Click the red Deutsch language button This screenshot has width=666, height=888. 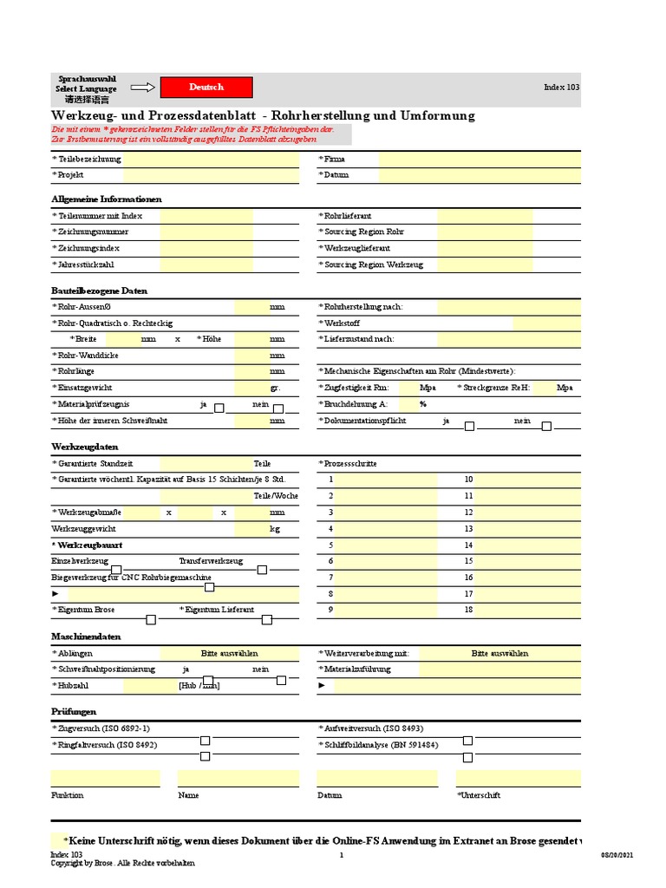tap(207, 87)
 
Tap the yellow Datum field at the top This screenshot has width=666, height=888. tap(480, 175)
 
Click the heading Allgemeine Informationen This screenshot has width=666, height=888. tap(107, 199)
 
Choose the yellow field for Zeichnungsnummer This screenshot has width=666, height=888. tap(206, 232)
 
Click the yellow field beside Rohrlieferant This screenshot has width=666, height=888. tap(473, 215)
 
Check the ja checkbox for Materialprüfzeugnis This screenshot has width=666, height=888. tap(219, 408)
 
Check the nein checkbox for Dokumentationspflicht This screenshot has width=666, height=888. tap(546, 426)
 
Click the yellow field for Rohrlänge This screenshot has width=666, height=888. tap(251, 371)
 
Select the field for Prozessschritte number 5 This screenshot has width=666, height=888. tap(387, 545)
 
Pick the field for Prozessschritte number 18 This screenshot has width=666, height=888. tap(527, 610)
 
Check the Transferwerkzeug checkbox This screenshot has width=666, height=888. tap(262, 570)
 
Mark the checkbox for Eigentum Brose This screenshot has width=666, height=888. tap(151, 619)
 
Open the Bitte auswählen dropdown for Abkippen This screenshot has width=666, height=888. tap(230, 653)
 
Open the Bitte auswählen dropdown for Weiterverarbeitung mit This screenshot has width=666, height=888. tap(499, 653)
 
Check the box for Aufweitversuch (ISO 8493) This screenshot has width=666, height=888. tap(468, 740)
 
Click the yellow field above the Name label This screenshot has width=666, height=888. tap(238, 777)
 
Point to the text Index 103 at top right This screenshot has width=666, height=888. tap(561, 87)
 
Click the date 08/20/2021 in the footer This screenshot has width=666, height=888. tap(617, 855)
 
